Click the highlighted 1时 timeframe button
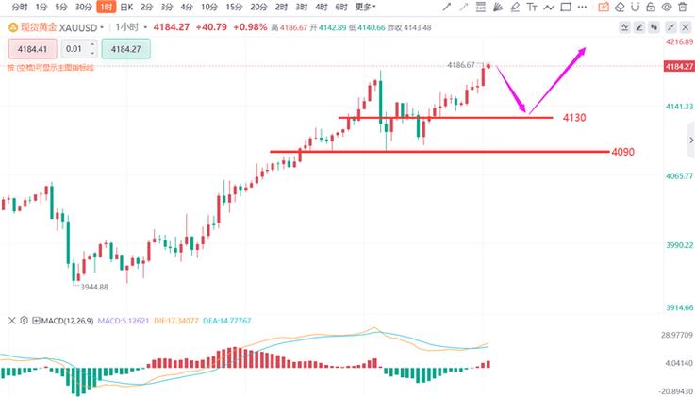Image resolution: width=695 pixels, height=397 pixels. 105,7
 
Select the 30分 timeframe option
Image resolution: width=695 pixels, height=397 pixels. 83,7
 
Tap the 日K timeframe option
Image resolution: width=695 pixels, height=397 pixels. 125,7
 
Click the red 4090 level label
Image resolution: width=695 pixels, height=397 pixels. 623,152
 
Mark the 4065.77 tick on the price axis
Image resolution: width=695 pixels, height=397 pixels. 678,176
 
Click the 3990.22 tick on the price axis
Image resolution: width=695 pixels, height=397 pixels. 678,245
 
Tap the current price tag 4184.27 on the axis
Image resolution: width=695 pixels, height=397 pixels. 678,66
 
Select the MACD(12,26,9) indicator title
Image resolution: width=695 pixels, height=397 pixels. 65,321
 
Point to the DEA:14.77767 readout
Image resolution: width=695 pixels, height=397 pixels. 232,321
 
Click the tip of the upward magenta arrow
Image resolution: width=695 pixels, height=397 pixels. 587,48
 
